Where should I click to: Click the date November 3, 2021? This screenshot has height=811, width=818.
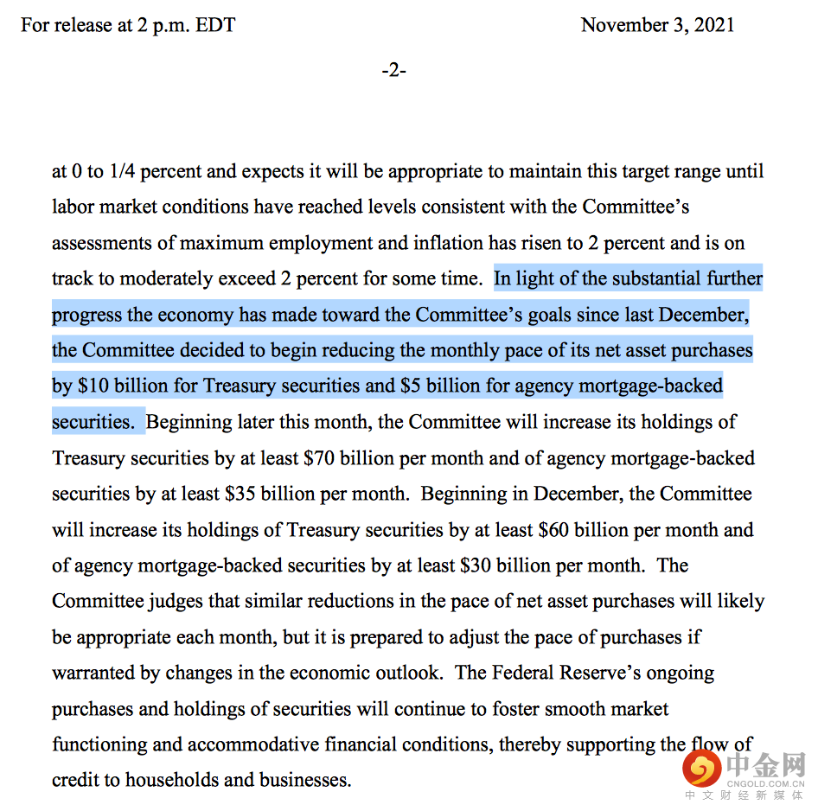click(x=657, y=25)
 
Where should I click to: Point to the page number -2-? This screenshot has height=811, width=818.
click(x=394, y=70)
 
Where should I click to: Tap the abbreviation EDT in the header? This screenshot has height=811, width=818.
click(x=214, y=25)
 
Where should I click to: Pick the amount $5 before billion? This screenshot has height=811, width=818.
click(x=411, y=386)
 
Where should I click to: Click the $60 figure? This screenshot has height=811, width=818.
click(x=553, y=529)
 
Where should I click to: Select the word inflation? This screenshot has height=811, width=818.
click(x=451, y=242)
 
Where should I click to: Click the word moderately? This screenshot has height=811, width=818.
click(x=164, y=278)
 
